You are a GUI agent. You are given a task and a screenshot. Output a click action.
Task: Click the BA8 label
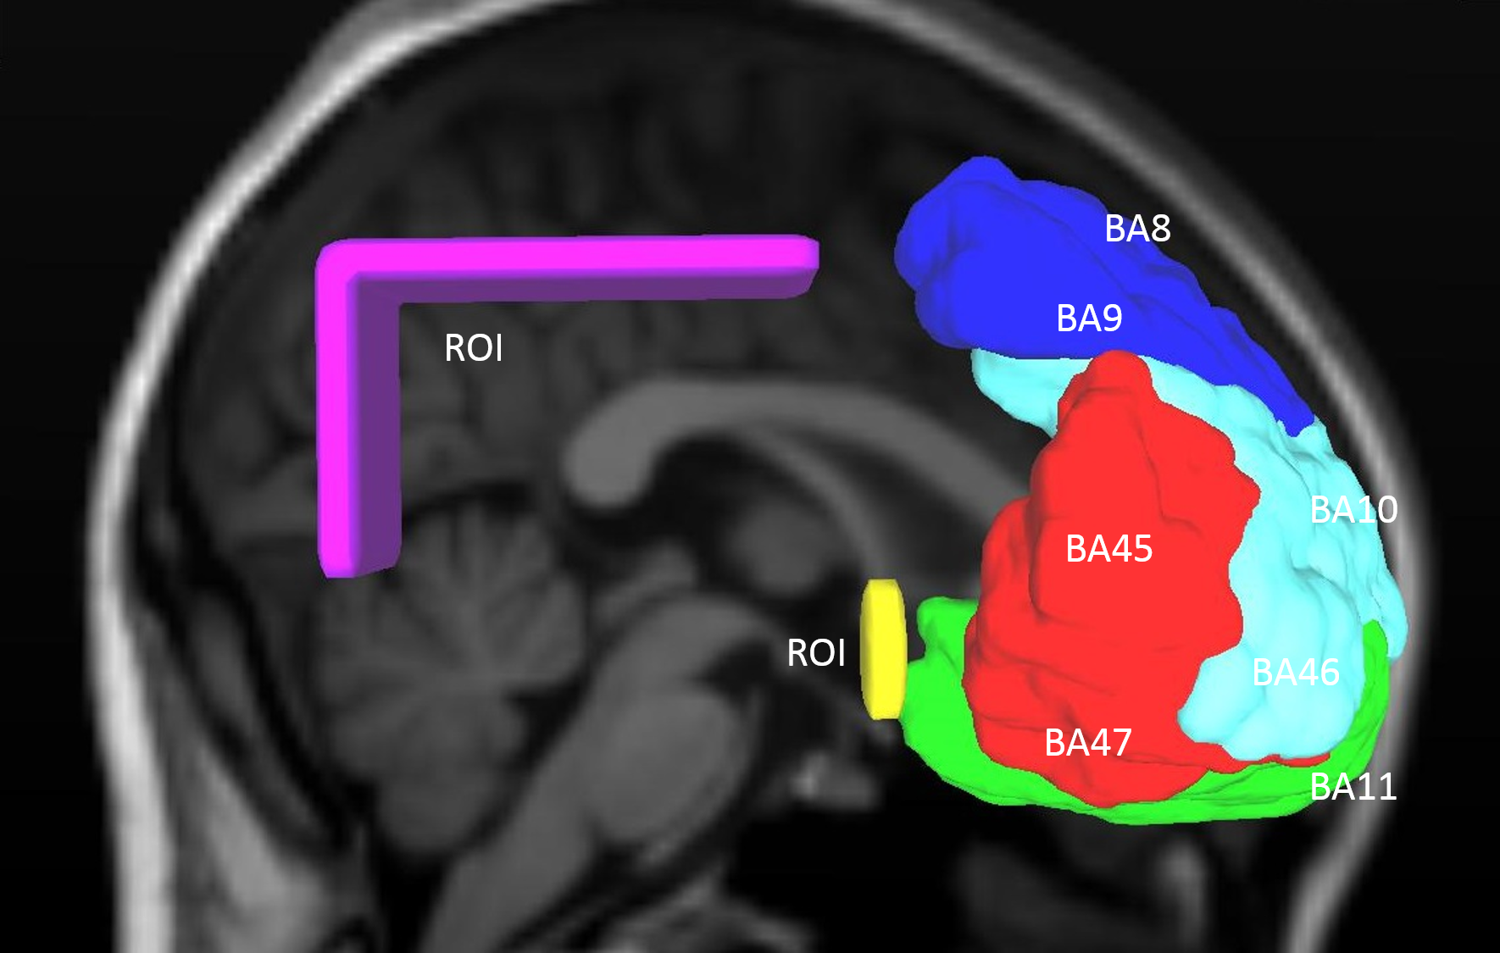click(x=1137, y=229)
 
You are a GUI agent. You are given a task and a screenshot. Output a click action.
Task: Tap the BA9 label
click(x=1089, y=319)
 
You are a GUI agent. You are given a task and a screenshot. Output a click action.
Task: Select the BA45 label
click(x=1108, y=549)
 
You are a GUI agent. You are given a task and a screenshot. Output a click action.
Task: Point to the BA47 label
click(x=1087, y=743)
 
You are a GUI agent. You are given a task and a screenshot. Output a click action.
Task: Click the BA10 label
click(x=1353, y=510)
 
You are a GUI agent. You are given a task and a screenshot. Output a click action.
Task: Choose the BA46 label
click(x=1295, y=673)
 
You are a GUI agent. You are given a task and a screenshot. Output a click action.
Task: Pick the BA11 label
click(x=1353, y=787)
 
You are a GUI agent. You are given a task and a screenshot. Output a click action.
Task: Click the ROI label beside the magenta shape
click(x=474, y=348)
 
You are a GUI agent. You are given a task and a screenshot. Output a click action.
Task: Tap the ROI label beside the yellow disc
click(x=816, y=653)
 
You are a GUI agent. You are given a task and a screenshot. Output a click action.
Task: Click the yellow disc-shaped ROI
click(x=883, y=650)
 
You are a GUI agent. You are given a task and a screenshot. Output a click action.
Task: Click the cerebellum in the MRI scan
click(x=458, y=678)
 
